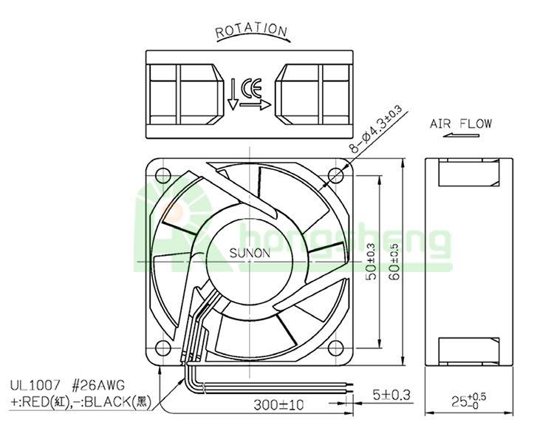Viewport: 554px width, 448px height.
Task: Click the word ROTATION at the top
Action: [x=251, y=30]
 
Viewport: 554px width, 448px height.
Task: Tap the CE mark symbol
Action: [x=251, y=88]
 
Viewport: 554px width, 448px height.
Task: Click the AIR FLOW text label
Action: [x=460, y=123]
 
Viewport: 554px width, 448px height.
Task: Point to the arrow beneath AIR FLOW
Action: [x=461, y=135]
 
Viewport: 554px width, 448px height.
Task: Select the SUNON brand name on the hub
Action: [x=250, y=253]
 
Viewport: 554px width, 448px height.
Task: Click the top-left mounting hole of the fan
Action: [x=163, y=176]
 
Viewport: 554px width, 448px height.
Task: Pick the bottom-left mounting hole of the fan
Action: [x=163, y=347]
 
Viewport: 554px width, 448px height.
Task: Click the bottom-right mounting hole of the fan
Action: [x=335, y=347]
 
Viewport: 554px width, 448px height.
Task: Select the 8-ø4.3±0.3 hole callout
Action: [x=375, y=129]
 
